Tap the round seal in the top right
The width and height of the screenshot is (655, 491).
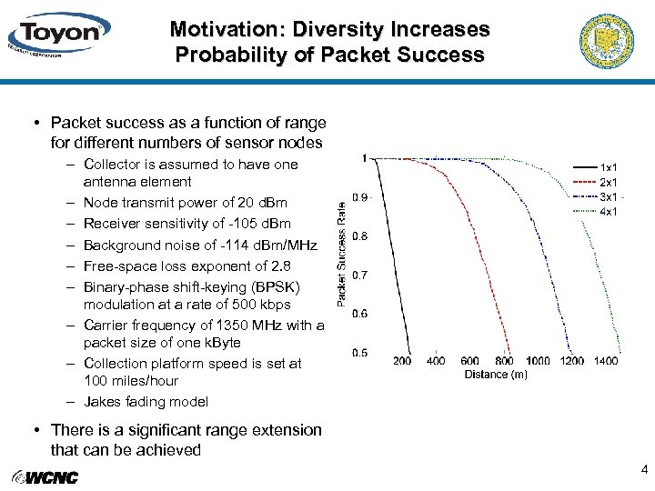click(x=606, y=42)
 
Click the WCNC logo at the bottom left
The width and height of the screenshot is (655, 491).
click(x=45, y=477)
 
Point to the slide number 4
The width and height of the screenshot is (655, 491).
click(x=644, y=470)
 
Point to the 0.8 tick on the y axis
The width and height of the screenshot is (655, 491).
click(x=361, y=236)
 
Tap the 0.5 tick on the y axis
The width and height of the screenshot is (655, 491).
click(x=361, y=353)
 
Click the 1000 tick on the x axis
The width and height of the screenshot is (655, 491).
click(x=538, y=361)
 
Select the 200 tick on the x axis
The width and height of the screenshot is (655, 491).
click(x=402, y=361)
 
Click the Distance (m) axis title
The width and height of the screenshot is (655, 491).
click(x=496, y=375)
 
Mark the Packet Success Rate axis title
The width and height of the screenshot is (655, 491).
click(x=341, y=253)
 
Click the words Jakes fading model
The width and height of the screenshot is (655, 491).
click(x=146, y=401)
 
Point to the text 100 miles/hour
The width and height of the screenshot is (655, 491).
click(x=131, y=380)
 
